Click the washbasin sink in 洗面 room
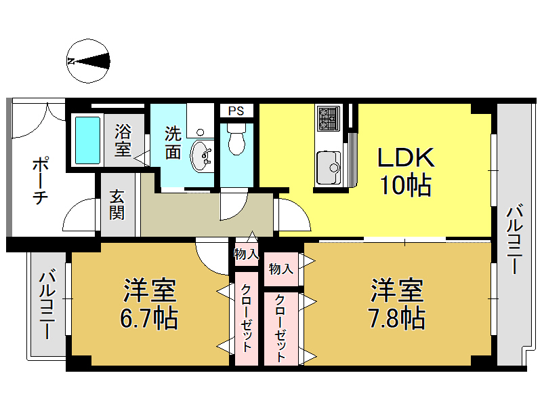point(201,156)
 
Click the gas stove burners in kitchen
point(329,119)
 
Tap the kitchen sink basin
point(329,165)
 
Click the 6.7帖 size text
point(149,317)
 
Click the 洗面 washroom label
point(173,142)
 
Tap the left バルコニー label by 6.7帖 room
point(47,305)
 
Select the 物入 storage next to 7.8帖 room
point(280,269)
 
